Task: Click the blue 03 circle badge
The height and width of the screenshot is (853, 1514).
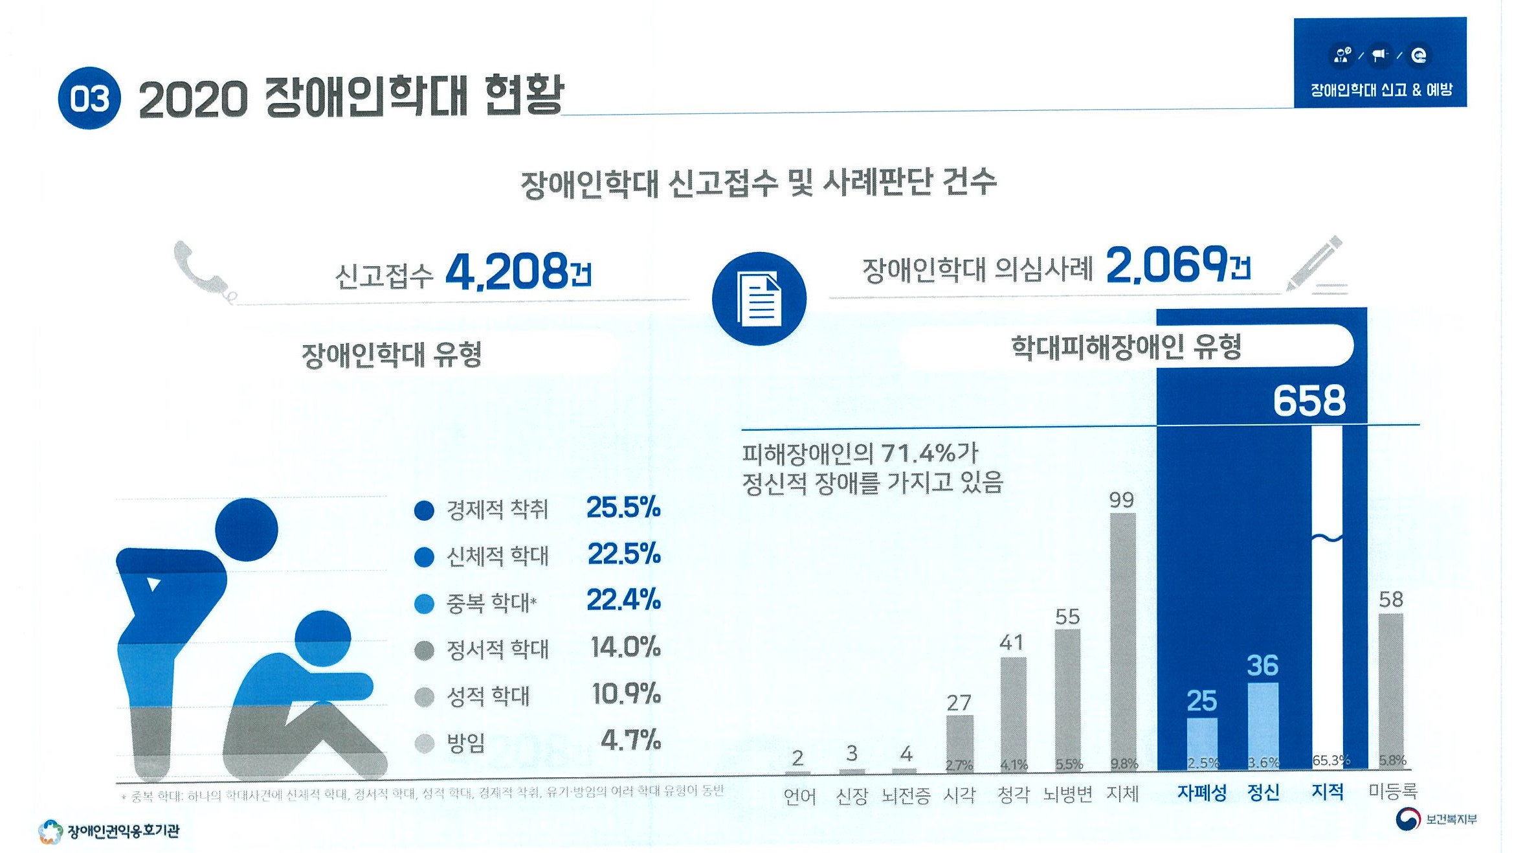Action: [x=89, y=98]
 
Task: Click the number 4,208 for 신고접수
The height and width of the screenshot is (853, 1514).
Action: [x=507, y=271]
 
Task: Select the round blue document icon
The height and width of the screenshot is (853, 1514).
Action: [x=759, y=299]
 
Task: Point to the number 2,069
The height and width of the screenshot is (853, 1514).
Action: [x=1166, y=265]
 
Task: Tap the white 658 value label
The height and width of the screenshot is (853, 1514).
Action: [x=1309, y=400]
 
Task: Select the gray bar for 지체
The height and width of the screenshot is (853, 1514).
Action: [x=1122, y=641]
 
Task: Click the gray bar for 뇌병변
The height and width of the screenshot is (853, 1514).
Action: [x=1067, y=699]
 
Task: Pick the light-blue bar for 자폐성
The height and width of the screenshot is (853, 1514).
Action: [x=1201, y=743]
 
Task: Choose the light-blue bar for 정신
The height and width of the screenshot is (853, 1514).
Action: [x=1262, y=725]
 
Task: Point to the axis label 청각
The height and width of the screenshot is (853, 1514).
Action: [x=1013, y=795]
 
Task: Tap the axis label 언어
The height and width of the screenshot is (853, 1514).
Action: [x=799, y=796]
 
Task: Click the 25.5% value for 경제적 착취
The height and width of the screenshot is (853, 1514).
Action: [x=623, y=508]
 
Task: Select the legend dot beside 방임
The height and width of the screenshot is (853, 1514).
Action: [x=424, y=743]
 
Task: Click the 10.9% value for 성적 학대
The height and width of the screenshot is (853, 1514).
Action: [x=626, y=694]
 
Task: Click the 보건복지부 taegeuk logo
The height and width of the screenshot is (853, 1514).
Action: [x=1407, y=819]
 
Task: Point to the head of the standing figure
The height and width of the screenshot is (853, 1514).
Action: [x=246, y=529]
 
